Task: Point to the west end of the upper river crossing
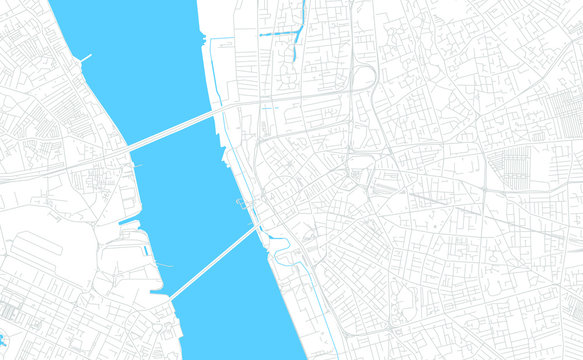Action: [x=127, y=151]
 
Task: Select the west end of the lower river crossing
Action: [x=170, y=297]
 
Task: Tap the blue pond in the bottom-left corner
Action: [x=3, y=340]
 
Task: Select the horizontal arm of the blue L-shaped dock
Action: [x=280, y=35]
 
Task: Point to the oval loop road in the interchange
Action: [x=365, y=77]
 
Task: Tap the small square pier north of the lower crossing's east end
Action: [x=241, y=203]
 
